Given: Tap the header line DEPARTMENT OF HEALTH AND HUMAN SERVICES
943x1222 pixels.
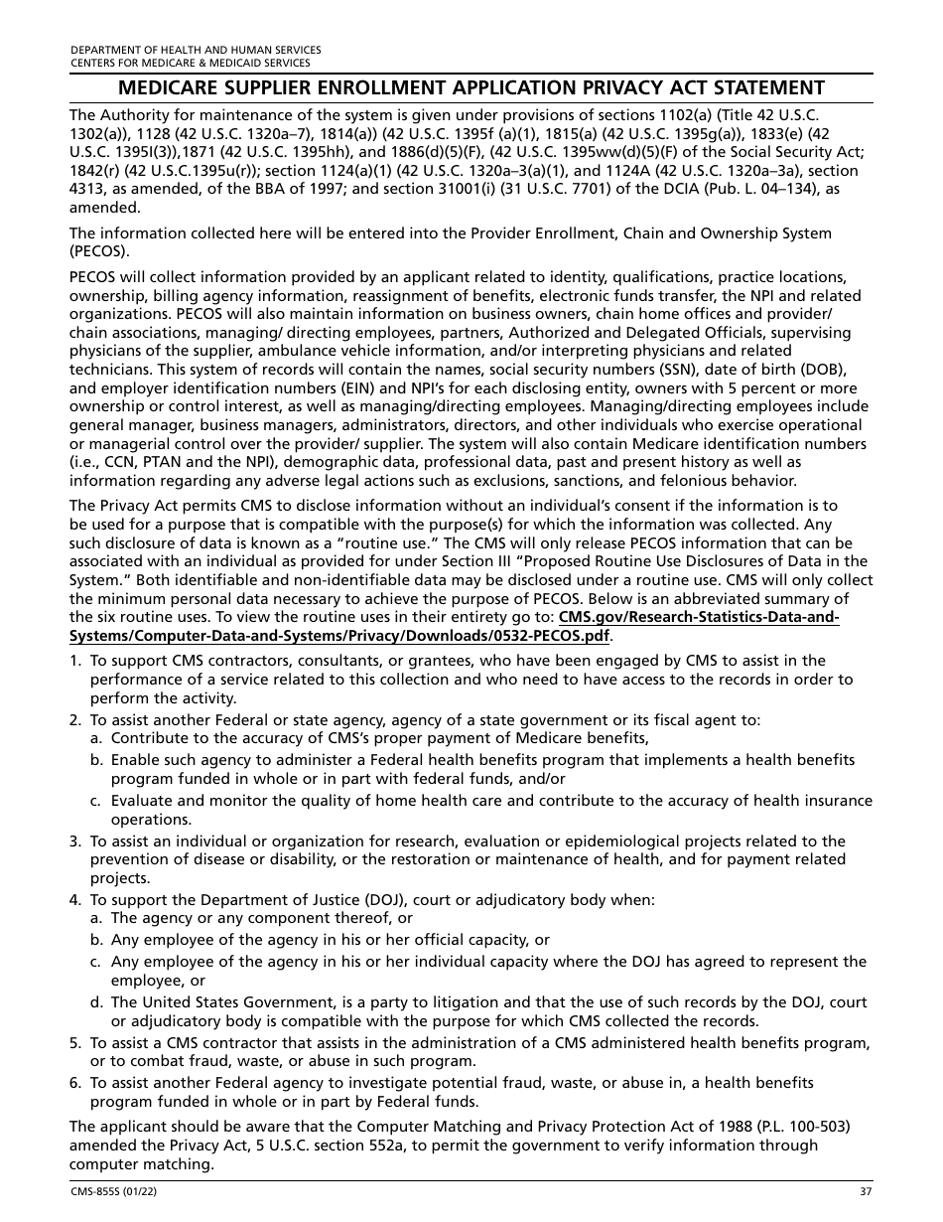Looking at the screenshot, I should click(x=195, y=50).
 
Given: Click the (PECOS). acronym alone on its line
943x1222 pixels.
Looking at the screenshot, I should click(x=99, y=252).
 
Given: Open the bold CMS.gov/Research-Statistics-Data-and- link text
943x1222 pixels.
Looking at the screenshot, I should click(x=699, y=618).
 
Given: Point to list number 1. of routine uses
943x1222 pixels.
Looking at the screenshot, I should click(x=75, y=661).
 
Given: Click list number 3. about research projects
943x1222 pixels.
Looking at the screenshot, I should click(x=75, y=841).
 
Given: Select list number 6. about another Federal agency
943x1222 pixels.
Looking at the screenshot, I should click(x=75, y=1083).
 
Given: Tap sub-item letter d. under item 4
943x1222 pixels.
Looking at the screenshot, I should click(x=96, y=1002).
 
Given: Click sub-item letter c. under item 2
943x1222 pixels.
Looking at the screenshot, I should click(x=96, y=801).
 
